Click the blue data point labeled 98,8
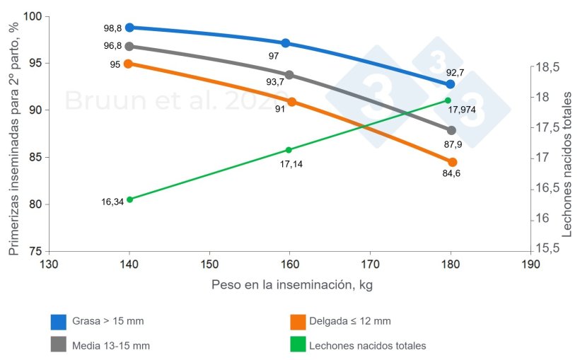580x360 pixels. click(x=129, y=28)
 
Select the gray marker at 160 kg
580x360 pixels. click(x=289, y=75)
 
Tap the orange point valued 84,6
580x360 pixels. click(x=453, y=162)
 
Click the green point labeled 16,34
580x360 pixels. click(x=129, y=199)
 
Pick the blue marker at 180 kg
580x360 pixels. click(x=451, y=84)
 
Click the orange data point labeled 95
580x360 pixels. click(x=128, y=64)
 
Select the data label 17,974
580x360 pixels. click(x=462, y=110)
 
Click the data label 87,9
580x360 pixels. click(x=453, y=144)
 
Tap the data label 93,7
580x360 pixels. click(x=274, y=82)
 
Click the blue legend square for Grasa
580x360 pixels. click(x=59, y=322)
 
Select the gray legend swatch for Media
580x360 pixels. click(x=59, y=346)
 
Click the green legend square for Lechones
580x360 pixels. click(x=298, y=346)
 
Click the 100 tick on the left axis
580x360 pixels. click(x=33, y=16)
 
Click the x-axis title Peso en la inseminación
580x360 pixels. click(x=291, y=285)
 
